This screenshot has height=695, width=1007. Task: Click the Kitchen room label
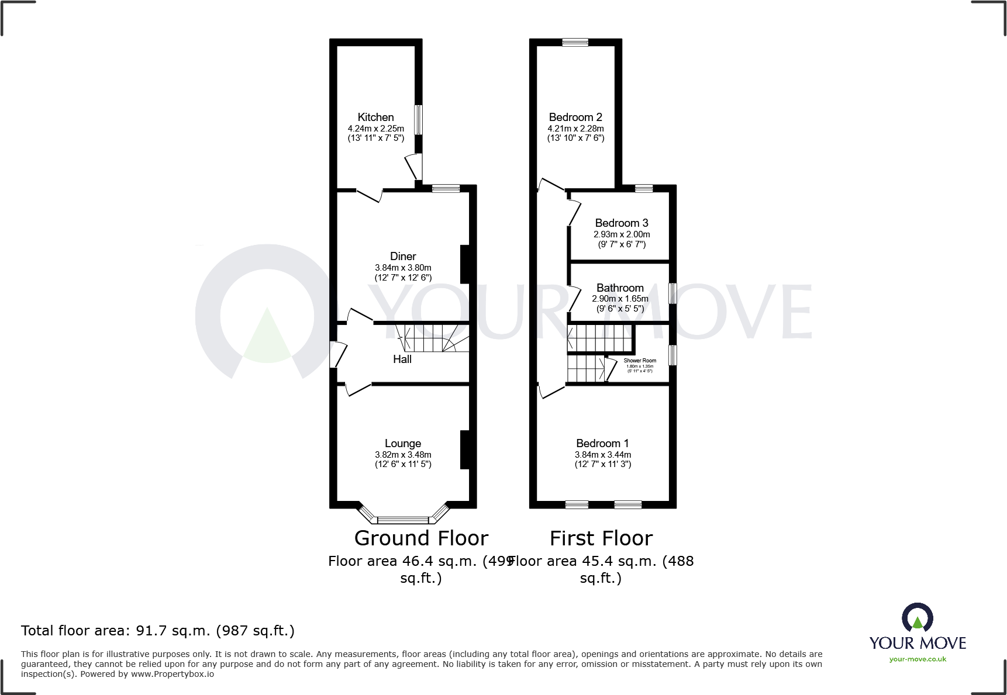click(375, 117)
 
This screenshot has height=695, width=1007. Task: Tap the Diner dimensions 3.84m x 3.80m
click(403, 268)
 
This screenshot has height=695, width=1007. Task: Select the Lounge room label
click(402, 444)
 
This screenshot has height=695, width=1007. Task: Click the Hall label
click(402, 359)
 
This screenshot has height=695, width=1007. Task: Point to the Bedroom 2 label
click(575, 117)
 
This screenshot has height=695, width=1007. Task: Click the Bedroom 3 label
click(621, 223)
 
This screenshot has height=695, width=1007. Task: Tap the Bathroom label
click(620, 288)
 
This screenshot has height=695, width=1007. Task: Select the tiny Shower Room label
click(640, 361)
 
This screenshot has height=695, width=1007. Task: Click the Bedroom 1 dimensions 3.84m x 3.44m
click(602, 455)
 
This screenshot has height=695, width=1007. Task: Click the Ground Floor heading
click(421, 538)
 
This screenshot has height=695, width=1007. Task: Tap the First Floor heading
click(601, 538)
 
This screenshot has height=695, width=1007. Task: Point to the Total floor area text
click(158, 631)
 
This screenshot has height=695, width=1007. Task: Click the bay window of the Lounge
click(403, 519)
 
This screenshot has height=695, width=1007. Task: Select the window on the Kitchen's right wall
click(418, 120)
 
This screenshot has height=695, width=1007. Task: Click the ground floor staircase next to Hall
click(433, 338)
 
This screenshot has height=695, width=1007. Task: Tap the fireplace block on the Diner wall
click(465, 264)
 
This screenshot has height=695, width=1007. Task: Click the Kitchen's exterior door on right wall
click(416, 167)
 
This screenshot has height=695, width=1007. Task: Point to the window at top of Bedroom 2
click(575, 42)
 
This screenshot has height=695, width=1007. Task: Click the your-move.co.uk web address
click(917, 659)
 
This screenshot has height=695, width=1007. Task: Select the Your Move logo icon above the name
click(917, 618)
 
